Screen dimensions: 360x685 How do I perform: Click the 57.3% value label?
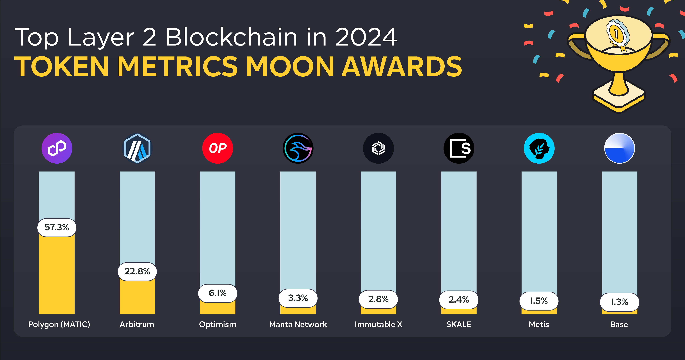tap(57, 227)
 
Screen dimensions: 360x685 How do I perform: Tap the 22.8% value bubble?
tap(137, 271)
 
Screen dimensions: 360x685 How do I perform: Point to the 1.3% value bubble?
tap(619, 302)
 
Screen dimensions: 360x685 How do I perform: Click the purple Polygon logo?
tap(57, 148)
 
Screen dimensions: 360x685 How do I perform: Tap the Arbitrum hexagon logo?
tap(137, 148)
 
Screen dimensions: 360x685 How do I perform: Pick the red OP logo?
tap(218, 148)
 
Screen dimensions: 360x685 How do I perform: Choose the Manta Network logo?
tap(298, 148)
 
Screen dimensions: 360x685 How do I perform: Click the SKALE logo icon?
tap(459, 148)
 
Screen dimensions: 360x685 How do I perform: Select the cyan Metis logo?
tap(539, 148)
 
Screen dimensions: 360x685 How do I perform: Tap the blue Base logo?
tap(619, 148)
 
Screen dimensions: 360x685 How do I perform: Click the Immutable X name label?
tap(378, 324)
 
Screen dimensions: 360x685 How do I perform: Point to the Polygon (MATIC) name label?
tap(59, 324)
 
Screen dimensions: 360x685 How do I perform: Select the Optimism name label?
tap(218, 324)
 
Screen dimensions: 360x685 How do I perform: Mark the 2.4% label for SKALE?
tap(459, 300)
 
